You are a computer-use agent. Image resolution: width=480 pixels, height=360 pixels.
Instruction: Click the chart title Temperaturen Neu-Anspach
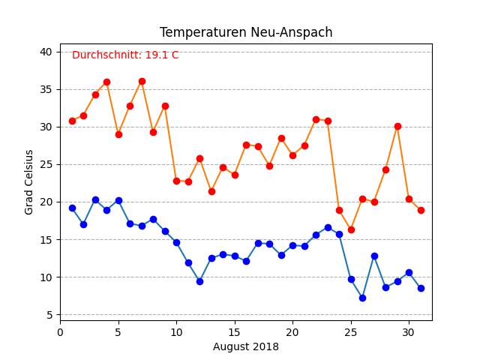pyautogui.click(x=246, y=32)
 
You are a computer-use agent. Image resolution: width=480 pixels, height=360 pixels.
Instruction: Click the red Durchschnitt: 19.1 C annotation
pyautogui.click(x=125, y=55)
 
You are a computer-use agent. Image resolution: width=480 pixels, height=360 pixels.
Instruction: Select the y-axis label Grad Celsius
pyautogui.click(x=29, y=182)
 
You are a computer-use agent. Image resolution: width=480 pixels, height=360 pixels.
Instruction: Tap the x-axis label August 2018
pyautogui.click(x=246, y=346)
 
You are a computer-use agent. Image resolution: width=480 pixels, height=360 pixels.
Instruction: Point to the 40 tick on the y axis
pyautogui.click(x=46, y=52)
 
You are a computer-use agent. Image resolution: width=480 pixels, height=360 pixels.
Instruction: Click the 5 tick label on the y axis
pyautogui.click(x=49, y=315)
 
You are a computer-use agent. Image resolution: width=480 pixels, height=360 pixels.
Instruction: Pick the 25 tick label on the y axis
pyautogui.click(x=46, y=164)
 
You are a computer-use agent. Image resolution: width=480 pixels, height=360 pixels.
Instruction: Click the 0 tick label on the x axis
pyautogui.click(x=60, y=331)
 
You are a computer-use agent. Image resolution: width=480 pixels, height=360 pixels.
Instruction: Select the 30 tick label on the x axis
pyautogui.click(x=409, y=331)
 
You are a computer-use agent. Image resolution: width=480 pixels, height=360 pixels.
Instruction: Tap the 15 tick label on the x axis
pyautogui.click(x=234, y=331)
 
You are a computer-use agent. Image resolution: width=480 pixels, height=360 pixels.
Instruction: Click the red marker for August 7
pyautogui.click(x=142, y=81)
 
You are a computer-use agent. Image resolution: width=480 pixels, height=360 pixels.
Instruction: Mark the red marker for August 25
pyautogui.click(x=351, y=229)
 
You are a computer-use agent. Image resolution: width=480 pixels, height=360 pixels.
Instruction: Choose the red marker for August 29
pyautogui.click(x=397, y=126)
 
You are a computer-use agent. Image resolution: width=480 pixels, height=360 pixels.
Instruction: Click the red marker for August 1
pyautogui.click(x=72, y=121)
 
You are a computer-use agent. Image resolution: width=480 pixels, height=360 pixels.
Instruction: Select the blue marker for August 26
pyautogui.click(x=362, y=298)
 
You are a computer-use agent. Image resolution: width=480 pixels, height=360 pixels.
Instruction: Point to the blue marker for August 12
pyautogui.click(x=199, y=281)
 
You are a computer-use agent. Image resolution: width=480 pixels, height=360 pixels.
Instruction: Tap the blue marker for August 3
pyautogui.click(x=95, y=199)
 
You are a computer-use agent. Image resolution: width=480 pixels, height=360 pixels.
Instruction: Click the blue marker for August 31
pyautogui.click(x=421, y=288)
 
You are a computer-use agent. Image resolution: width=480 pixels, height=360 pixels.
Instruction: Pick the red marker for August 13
pyautogui.click(x=211, y=191)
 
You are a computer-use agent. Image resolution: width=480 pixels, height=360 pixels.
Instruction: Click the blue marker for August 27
pyautogui.click(x=374, y=256)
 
